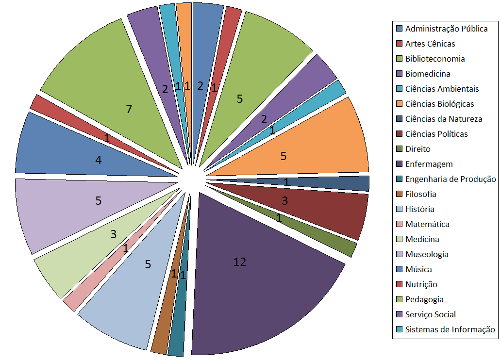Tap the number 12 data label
click(240, 262)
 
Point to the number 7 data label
click(129, 109)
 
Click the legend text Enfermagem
click(429, 164)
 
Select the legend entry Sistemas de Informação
click(450, 329)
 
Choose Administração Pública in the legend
click(446, 29)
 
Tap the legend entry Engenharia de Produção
click(451, 179)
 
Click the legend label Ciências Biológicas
click(439, 104)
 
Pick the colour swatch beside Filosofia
click(399, 194)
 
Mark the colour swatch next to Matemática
click(399, 224)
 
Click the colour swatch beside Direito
click(399, 149)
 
